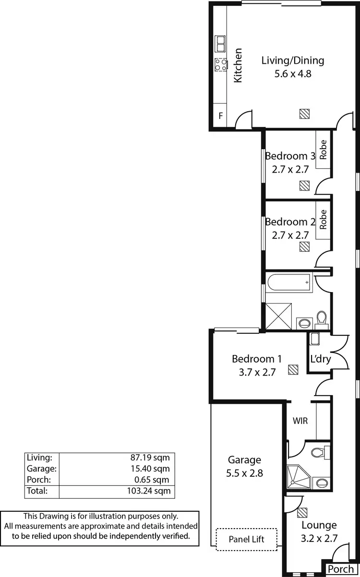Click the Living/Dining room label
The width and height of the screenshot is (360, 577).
coord(292,60)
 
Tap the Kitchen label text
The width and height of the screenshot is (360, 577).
coord(238,65)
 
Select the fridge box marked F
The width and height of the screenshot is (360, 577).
coord(221,116)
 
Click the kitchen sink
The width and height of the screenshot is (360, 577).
coord(220,44)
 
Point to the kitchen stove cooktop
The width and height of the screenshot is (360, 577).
coord(220,64)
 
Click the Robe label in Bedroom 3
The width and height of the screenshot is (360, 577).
coord(323,149)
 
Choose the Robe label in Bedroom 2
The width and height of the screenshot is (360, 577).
coord(323,220)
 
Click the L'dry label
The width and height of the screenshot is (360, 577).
coord(320,359)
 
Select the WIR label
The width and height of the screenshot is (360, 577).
coord(300,422)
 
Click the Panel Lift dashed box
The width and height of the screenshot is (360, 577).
coord(247,539)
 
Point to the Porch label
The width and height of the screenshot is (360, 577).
coord(341,569)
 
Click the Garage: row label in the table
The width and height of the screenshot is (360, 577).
coord(42,469)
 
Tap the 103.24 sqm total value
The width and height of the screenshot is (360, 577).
coord(151,491)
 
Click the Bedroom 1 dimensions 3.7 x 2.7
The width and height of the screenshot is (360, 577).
coord(256,372)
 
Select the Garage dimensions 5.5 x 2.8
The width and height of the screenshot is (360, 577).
coord(245,473)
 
